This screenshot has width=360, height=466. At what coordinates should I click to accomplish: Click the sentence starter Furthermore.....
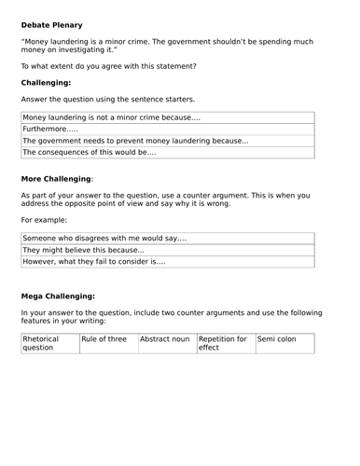tap(50, 129)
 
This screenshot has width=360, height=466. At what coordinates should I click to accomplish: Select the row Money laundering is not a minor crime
tap(111, 117)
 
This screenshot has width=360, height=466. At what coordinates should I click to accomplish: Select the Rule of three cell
tap(104, 338)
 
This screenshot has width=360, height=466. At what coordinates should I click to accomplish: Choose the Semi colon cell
tap(277, 338)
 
